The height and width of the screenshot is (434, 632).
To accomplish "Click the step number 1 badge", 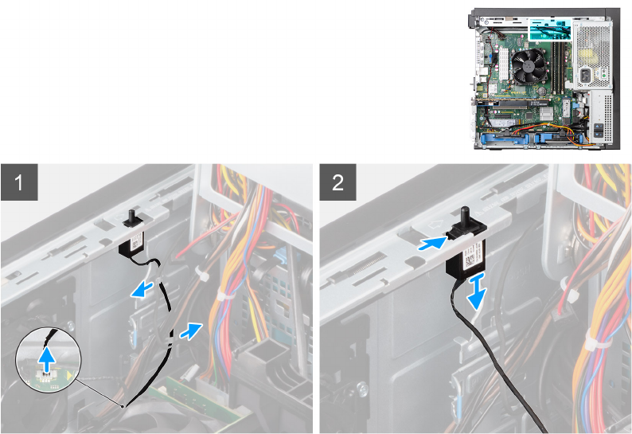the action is click(x=19, y=182).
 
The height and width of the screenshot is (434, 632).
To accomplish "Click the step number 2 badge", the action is click(x=337, y=182).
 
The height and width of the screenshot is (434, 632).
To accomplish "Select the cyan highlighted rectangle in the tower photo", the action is click(x=550, y=30).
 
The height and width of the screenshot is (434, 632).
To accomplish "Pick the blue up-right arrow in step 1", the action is click(x=191, y=330).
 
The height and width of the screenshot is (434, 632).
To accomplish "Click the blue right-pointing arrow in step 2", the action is click(x=432, y=243).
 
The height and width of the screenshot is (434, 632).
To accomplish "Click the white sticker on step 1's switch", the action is click(x=137, y=242).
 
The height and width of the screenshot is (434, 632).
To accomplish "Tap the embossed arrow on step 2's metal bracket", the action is click(x=435, y=225).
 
